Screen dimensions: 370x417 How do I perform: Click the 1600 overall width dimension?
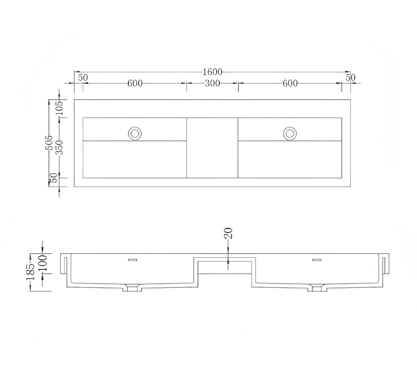pos(212,72)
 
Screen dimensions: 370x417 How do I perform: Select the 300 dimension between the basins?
pos(212,83)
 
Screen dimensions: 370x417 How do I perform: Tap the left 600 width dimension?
pos(135,83)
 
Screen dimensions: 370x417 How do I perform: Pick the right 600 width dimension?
pos(290,83)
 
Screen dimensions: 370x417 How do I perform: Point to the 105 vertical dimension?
pos(59,108)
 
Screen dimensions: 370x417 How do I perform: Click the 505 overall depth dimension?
pos(49,143)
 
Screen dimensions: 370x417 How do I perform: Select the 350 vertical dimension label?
pos(59,148)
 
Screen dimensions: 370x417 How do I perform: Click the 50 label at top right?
pos(350,78)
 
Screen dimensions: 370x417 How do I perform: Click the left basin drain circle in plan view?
pos(135,134)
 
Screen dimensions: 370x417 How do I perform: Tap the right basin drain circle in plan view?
pos(290,134)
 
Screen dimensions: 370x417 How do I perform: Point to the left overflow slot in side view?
pos(132,259)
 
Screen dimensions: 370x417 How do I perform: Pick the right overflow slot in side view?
pos(317,259)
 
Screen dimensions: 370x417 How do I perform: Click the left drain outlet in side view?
pos(132,287)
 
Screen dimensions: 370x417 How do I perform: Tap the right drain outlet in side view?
pos(316,287)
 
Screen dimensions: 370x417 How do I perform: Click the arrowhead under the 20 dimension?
pos(228,262)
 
